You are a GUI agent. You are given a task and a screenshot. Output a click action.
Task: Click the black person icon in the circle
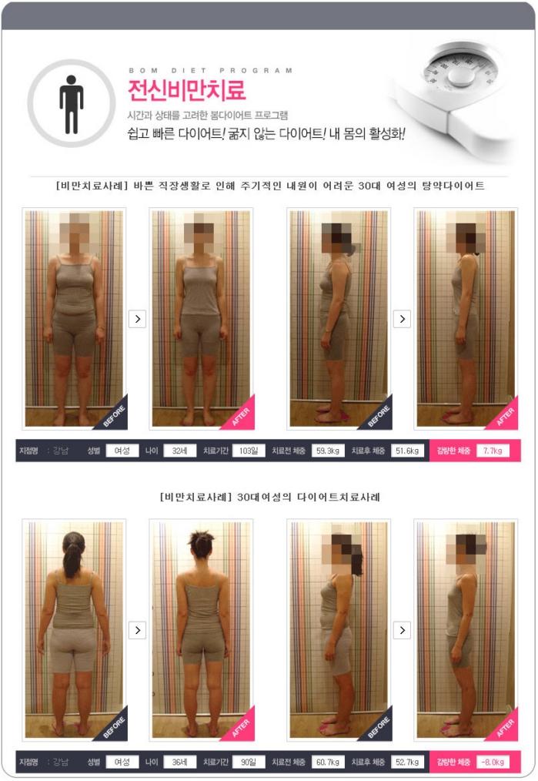click(x=71, y=104)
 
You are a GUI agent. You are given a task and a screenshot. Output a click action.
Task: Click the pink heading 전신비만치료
click(x=186, y=89)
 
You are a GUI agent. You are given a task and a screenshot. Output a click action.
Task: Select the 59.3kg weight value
click(x=328, y=451)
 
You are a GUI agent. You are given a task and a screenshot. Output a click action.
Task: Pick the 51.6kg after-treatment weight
click(x=407, y=451)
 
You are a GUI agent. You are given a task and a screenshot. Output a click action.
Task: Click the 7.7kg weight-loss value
click(x=493, y=451)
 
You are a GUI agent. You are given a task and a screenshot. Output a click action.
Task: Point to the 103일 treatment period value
click(x=249, y=451)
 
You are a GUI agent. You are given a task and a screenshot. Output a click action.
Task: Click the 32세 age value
click(x=179, y=451)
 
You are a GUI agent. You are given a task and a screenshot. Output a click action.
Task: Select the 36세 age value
click(x=179, y=762)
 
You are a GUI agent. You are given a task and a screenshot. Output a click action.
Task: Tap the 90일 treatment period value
click(x=249, y=762)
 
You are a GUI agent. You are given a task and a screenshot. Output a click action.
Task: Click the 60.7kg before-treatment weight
click(x=328, y=762)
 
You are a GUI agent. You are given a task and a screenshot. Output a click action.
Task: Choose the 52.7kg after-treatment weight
click(x=407, y=762)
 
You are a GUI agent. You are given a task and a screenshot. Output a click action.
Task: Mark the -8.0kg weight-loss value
click(x=493, y=762)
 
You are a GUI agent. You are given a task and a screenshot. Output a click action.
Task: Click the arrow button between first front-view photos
click(x=137, y=319)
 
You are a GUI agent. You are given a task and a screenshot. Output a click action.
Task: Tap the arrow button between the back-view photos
click(x=137, y=631)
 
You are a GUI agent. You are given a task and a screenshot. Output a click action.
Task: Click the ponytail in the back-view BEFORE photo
click(x=72, y=557)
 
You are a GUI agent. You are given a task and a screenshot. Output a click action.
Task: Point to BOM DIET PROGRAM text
click(x=211, y=70)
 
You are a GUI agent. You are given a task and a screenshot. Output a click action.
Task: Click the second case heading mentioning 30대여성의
click(x=269, y=497)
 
